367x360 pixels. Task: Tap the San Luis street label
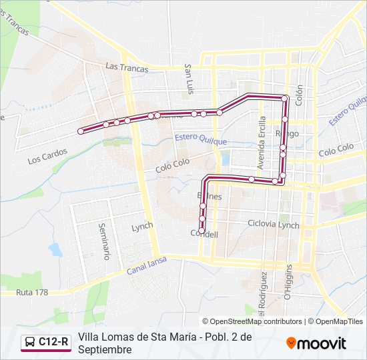pyautogui.click(x=190, y=79)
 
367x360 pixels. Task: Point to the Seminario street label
pyautogui.click(x=103, y=241)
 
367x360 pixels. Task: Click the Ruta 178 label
pyautogui.click(x=33, y=293)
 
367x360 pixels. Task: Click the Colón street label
pyautogui.click(x=300, y=96)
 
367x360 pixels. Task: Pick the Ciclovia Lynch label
pyautogui.click(x=274, y=224)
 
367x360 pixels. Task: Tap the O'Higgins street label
pyautogui.click(x=288, y=281)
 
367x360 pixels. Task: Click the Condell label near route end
pyautogui.click(x=204, y=234)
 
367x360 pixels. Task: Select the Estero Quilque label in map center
pyautogui.click(x=200, y=139)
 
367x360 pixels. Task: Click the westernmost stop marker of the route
pyautogui.click(x=81, y=131)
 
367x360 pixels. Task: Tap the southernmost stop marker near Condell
pyautogui.click(x=202, y=229)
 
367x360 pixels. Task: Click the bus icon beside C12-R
pyautogui.click(x=29, y=343)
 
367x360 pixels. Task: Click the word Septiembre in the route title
pyautogui.click(x=104, y=349)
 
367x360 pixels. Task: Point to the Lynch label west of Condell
pyautogui.click(x=142, y=227)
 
